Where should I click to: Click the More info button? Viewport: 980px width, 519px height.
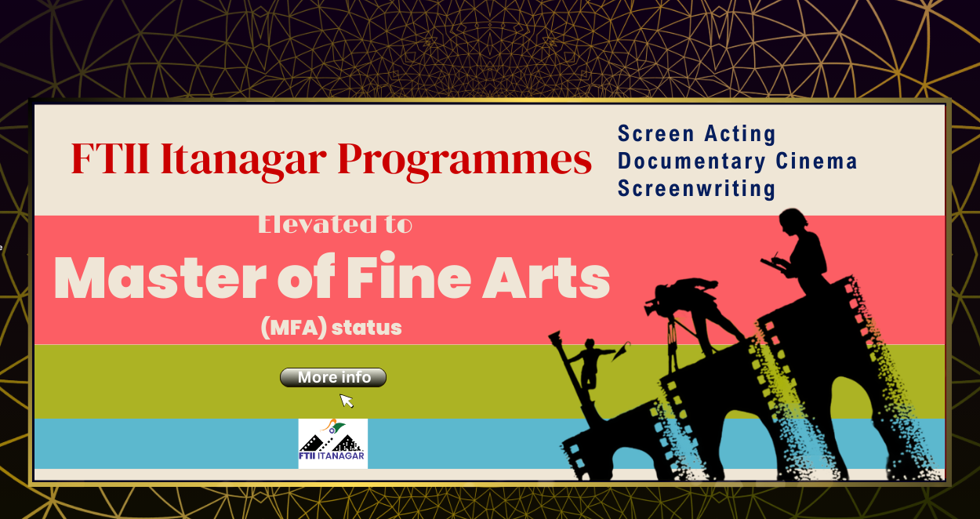333,378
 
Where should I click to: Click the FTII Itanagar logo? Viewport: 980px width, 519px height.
332,444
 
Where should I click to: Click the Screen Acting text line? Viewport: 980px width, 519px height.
696,134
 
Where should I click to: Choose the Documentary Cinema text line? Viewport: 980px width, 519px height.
737,162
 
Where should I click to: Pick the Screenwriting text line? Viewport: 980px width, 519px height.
696,189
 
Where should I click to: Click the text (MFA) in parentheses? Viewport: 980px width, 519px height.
293,328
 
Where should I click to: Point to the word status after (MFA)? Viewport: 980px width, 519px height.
367,328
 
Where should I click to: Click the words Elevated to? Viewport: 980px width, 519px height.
335,224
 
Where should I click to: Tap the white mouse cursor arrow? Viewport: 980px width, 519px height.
346,400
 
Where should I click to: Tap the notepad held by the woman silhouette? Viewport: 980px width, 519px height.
772,265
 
